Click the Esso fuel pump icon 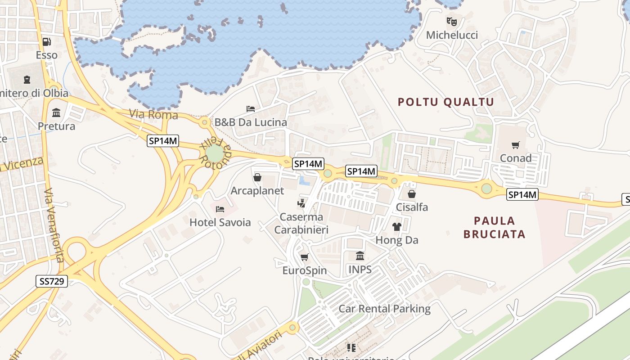46,42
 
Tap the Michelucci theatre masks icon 452,21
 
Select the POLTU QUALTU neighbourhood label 446,102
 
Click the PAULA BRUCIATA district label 495,227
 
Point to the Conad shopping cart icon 515,145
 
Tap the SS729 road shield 51,282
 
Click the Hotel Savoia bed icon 220,209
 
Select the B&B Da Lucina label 250,122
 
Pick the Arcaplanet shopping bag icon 257,177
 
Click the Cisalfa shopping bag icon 411,194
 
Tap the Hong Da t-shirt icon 396,227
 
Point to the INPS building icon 360,256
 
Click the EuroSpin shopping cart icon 304,257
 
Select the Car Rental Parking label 384,309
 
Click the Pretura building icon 56,112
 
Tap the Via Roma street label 153,115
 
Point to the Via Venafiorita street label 54,225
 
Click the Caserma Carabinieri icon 301,203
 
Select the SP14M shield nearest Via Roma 163,141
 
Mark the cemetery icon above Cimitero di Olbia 27,80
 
